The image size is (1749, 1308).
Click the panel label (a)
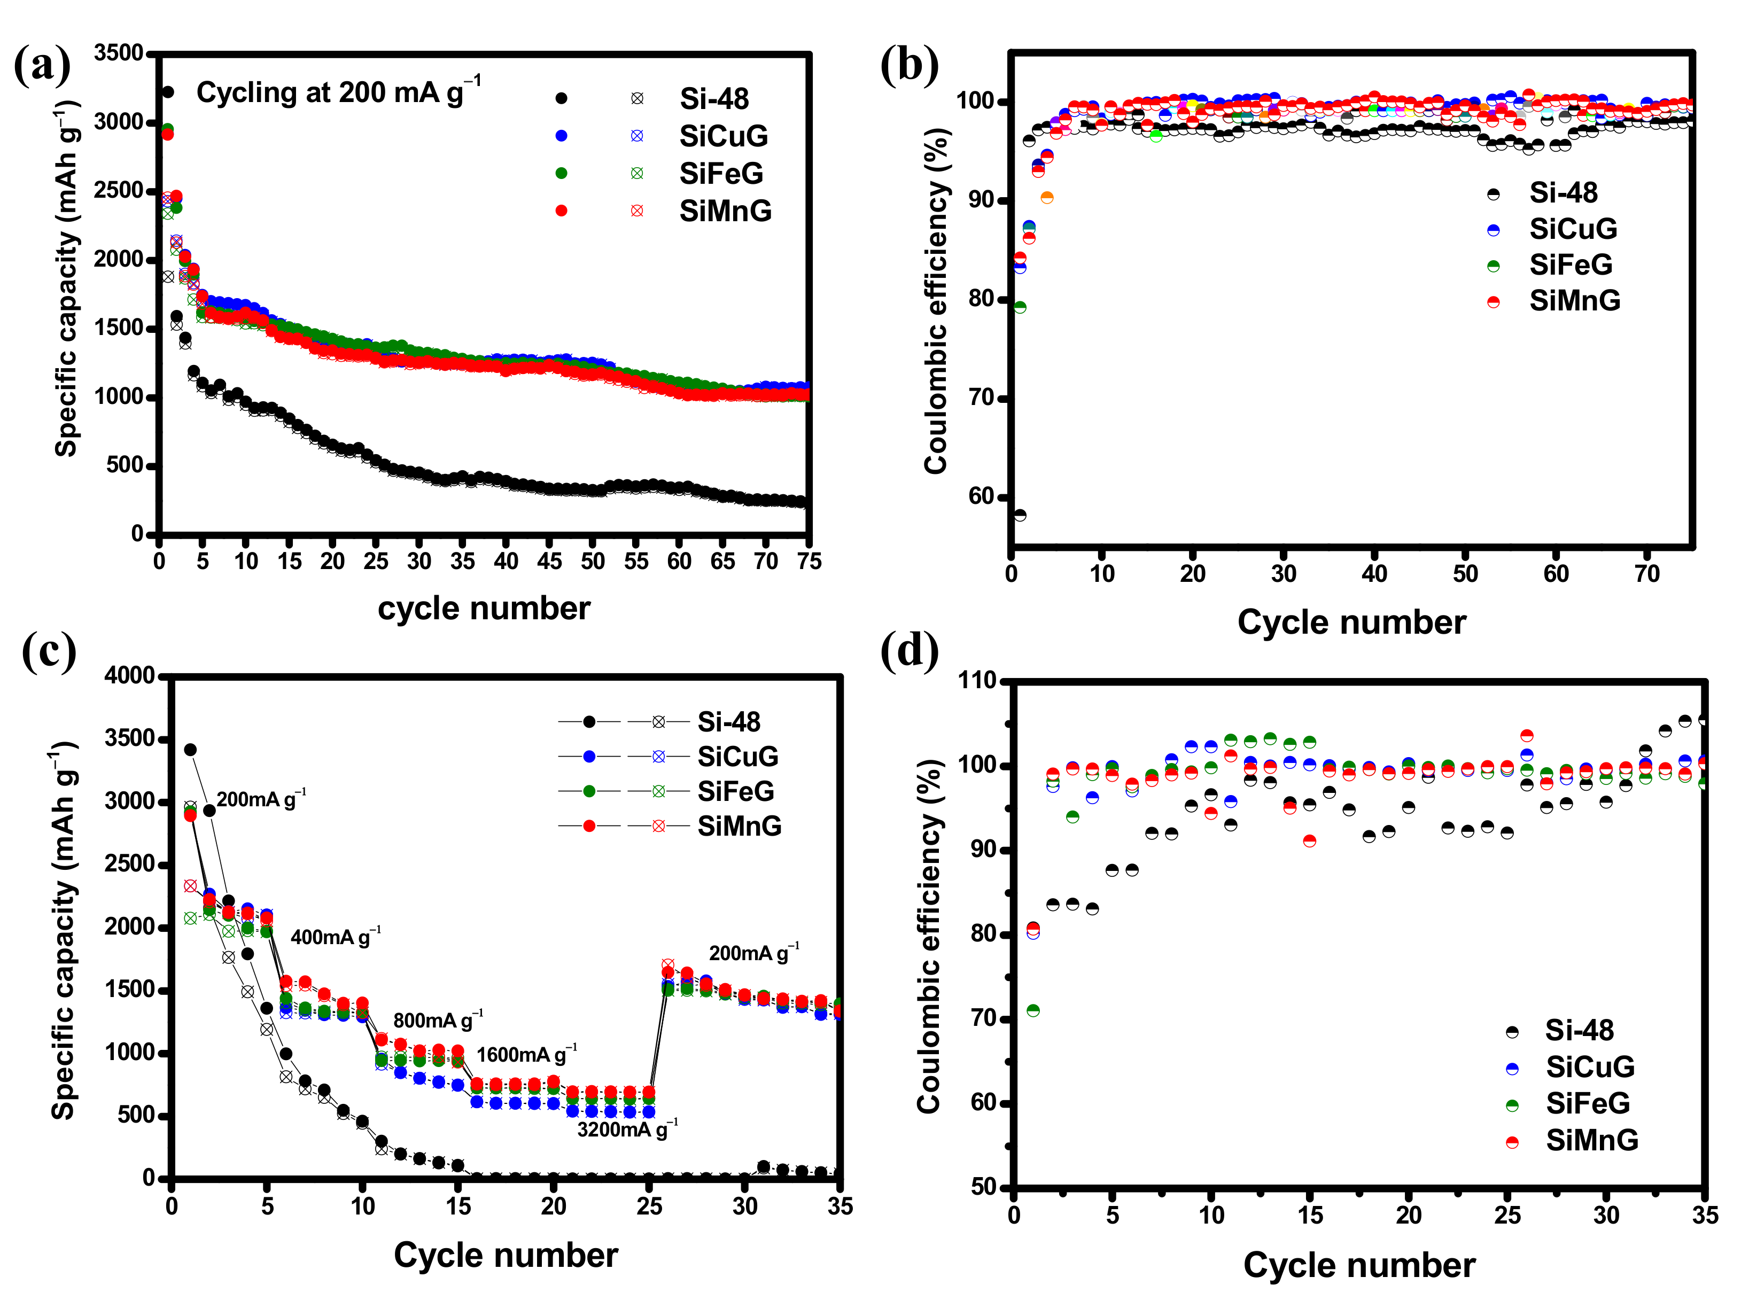tap(43, 65)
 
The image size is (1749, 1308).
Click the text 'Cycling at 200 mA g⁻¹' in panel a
tap(338, 92)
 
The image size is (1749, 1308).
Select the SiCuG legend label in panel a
tap(722, 136)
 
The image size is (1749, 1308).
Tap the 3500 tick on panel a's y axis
tap(119, 53)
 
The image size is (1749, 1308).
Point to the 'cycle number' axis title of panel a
tap(484, 608)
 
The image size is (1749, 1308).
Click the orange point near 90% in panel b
tap(1047, 198)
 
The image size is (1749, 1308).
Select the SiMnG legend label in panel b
tap(1574, 300)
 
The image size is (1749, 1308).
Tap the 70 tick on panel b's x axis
tap(1647, 573)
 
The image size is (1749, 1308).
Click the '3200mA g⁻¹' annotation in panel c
tap(627, 1128)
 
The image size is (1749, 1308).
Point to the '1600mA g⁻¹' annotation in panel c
tap(526, 1054)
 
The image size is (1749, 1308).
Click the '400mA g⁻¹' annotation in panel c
tap(335, 937)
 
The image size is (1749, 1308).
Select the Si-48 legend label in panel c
tap(728, 722)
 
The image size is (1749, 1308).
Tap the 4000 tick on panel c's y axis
tap(130, 675)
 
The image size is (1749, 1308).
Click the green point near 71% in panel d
tap(1032, 1010)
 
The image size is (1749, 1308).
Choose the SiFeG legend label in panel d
tap(1588, 1103)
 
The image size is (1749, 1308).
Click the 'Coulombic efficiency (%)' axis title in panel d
tap(930, 936)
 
